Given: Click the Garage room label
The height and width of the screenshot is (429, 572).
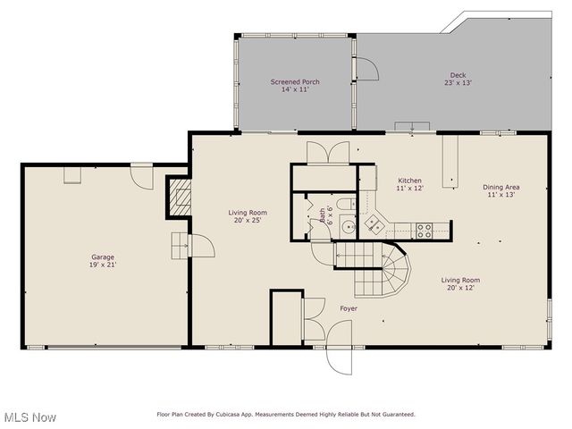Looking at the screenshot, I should (x=103, y=257).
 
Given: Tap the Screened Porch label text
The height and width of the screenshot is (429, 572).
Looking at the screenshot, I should (x=295, y=81).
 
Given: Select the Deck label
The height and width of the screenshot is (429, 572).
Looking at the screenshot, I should (x=458, y=75).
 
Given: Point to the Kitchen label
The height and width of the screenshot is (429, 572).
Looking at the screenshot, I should (x=409, y=180).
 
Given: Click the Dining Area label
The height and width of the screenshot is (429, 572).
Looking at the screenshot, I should (x=501, y=187).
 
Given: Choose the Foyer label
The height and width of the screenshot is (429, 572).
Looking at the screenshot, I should (x=349, y=308).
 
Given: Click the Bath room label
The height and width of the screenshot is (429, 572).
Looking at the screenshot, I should (x=323, y=214).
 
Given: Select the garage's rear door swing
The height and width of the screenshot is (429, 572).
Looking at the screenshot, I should (x=141, y=176).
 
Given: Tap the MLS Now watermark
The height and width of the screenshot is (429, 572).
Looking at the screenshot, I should (x=29, y=417).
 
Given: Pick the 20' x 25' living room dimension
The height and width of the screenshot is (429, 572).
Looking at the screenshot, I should (x=244, y=220).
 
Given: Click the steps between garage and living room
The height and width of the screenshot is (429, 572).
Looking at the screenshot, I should (x=181, y=244).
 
